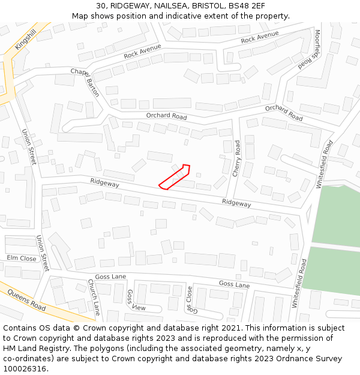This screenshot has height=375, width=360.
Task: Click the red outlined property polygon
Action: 175,177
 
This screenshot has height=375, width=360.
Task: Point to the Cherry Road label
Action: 237,158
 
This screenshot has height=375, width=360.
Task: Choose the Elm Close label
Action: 22,259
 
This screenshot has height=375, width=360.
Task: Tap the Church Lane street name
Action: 94,297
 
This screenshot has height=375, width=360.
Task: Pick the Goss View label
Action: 135,301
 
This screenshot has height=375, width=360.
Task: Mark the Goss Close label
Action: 190,299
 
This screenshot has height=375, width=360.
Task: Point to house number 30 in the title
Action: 101,5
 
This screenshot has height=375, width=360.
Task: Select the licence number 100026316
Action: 26,368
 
